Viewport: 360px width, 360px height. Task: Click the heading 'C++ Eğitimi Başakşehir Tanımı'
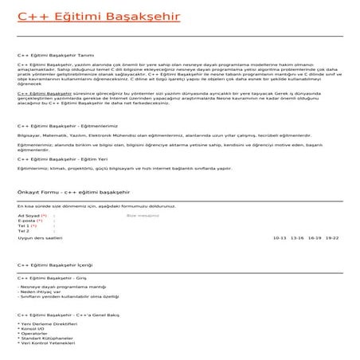tap(49, 56)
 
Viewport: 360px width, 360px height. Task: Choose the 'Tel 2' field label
tap(24, 232)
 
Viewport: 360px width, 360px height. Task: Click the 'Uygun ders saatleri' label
tap(40, 238)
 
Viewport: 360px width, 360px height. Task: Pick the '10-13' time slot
tap(280, 238)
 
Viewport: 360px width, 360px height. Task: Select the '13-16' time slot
tap(297, 238)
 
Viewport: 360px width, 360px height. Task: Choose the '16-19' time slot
tap(315, 238)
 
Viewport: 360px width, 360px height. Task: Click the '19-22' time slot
tap(332, 238)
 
